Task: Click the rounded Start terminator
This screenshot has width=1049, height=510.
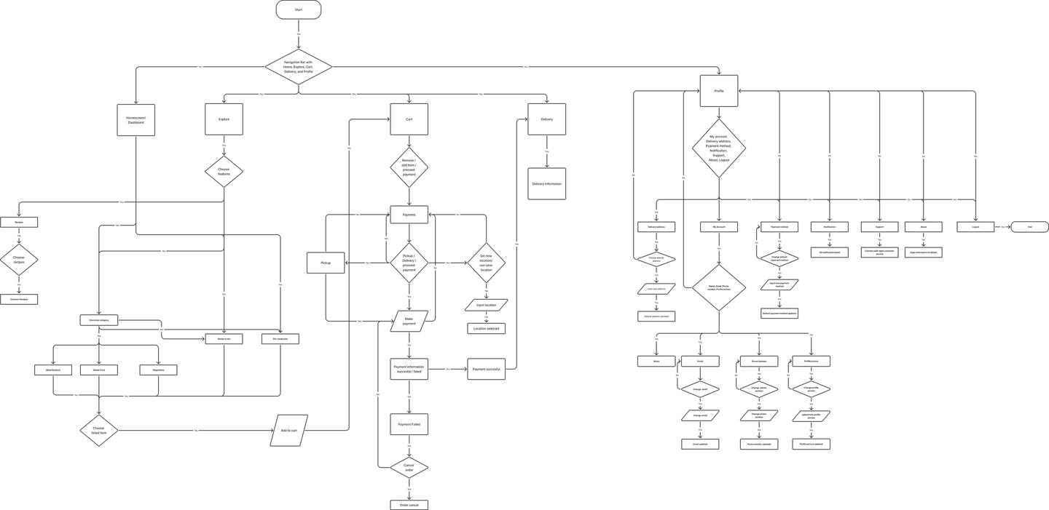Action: tap(299, 10)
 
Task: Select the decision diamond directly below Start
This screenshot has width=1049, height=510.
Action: tap(299, 67)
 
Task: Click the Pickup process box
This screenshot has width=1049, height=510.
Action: tap(325, 262)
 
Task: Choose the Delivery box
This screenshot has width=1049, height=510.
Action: tap(546, 119)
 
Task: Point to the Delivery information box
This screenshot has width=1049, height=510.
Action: tap(546, 183)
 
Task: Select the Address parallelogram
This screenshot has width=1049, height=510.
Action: tap(290, 431)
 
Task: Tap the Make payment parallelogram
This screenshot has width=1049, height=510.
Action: tap(409, 320)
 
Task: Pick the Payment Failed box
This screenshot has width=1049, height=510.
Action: tap(409, 423)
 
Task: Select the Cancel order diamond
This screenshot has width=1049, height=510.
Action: tap(409, 466)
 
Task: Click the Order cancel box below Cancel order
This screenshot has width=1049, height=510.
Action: tap(409, 504)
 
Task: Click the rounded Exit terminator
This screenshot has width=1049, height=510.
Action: tap(1029, 227)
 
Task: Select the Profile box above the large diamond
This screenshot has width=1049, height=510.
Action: tap(719, 91)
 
